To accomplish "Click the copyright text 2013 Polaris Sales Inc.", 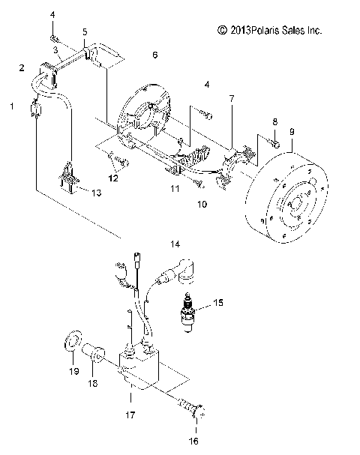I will [269, 31].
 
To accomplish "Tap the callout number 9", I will [292, 132].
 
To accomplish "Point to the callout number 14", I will [175, 244].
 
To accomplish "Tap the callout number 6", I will [154, 55].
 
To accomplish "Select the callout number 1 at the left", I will [11, 106].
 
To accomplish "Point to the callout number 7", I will [232, 98].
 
